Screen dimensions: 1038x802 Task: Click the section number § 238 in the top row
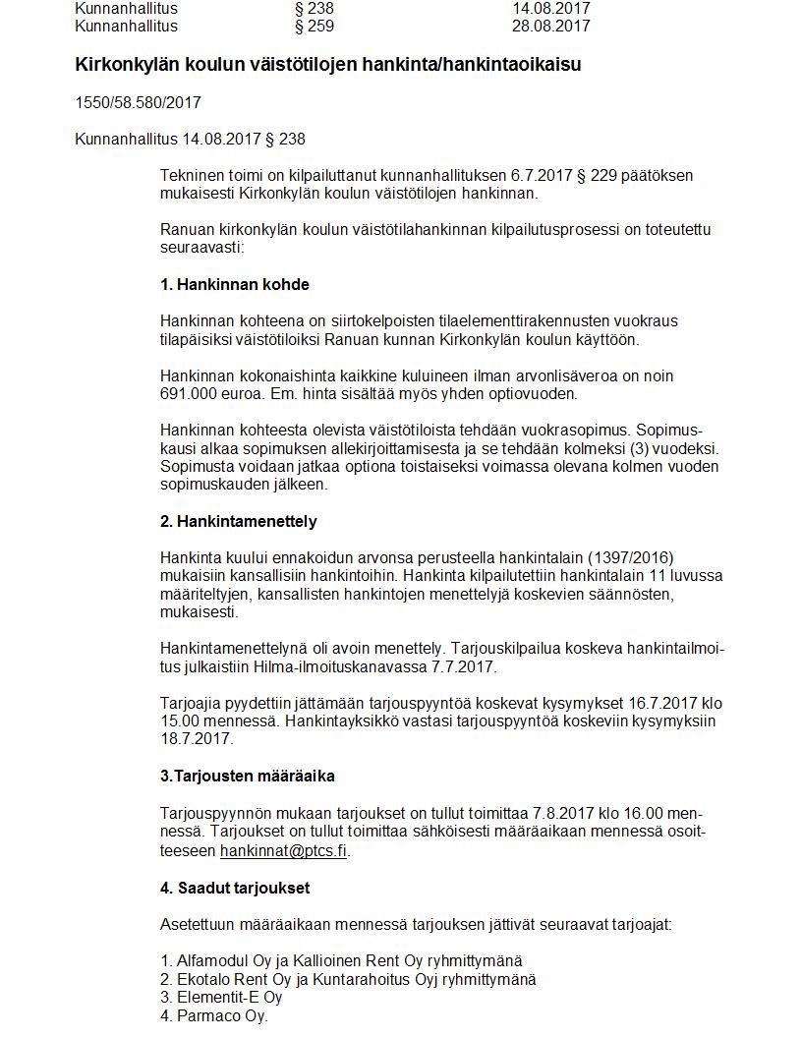click(x=315, y=9)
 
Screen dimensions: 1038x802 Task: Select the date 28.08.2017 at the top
click(x=551, y=26)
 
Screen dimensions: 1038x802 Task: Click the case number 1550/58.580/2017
click(x=138, y=102)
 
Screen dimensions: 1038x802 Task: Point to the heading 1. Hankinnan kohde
click(x=235, y=285)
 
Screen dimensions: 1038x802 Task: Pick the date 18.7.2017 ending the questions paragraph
click(x=197, y=739)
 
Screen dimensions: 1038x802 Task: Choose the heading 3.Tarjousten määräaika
click(x=248, y=776)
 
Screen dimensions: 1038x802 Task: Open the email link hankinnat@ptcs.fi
click(x=283, y=850)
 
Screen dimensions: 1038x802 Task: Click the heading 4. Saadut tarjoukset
click(x=235, y=888)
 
